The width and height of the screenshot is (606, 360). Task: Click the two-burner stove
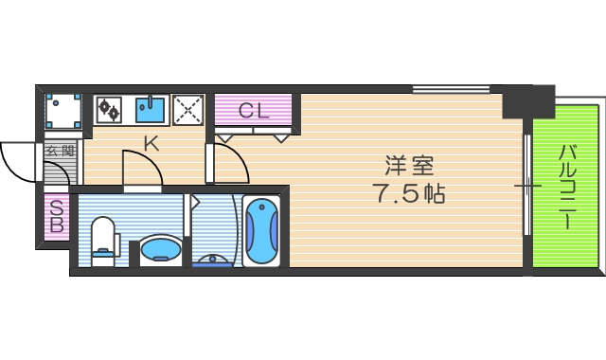tap(109, 109)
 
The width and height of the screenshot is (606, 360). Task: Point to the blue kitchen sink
tap(151, 109)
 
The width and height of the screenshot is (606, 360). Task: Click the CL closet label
tap(254, 110)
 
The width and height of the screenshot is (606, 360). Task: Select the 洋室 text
tap(409, 166)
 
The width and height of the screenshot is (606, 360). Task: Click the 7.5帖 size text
tap(409, 196)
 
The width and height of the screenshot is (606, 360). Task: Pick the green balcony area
tap(565, 189)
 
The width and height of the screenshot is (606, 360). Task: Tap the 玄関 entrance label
tap(61, 151)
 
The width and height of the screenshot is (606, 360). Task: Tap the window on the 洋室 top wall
tap(450, 91)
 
